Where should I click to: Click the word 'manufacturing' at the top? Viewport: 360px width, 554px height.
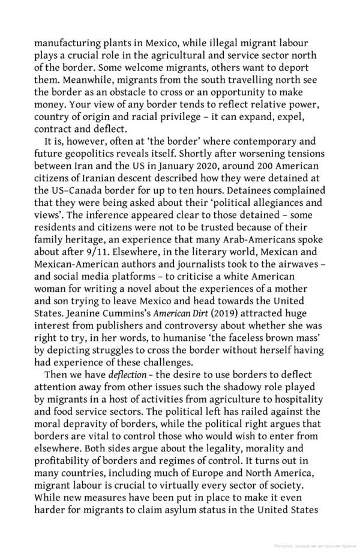click(x=66, y=43)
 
